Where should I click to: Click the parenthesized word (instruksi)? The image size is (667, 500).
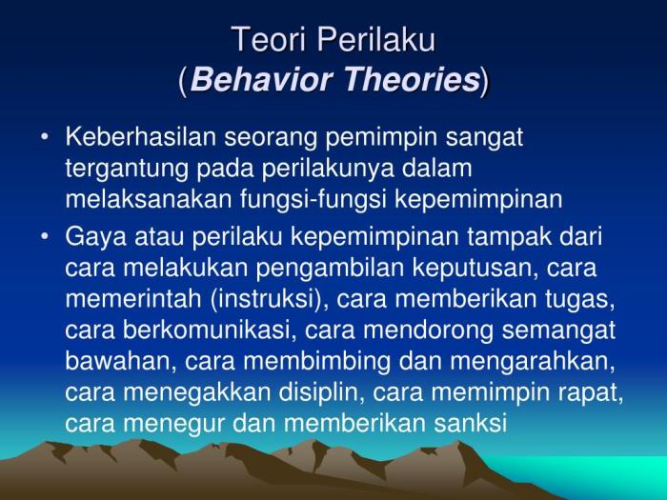click(264, 299)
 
